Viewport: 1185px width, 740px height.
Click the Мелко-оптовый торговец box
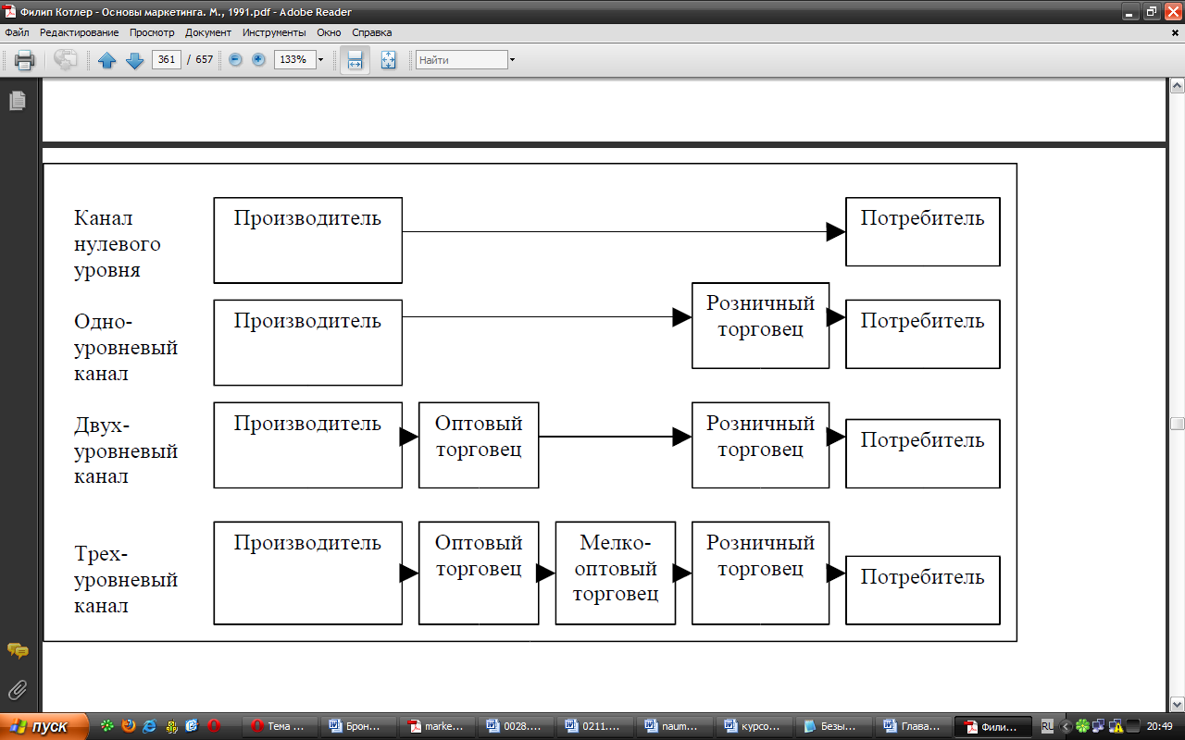click(616, 573)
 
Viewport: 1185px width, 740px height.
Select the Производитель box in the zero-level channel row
click(308, 240)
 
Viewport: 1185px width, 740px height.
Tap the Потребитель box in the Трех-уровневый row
click(923, 590)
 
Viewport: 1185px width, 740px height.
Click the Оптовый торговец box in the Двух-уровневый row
click(479, 445)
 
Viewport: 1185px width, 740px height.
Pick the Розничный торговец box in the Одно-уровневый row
click(760, 326)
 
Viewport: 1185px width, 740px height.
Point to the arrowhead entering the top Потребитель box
click(836, 231)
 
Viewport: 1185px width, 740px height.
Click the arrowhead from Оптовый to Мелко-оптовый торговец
click(546, 573)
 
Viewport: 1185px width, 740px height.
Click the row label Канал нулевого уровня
click(117, 243)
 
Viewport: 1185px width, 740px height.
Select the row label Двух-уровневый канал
click(126, 450)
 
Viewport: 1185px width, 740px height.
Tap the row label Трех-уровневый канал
click(126, 579)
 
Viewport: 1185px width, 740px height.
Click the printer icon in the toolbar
click(24, 60)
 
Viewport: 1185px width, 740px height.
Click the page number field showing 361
click(166, 59)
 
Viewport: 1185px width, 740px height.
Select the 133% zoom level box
click(294, 59)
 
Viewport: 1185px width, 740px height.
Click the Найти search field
click(462, 60)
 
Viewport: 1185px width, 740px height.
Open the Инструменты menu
click(274, 32)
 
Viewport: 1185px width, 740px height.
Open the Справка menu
click(372, 32)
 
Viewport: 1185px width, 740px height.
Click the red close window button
click(1173, 11)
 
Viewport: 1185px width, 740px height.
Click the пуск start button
click(44, 727)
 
